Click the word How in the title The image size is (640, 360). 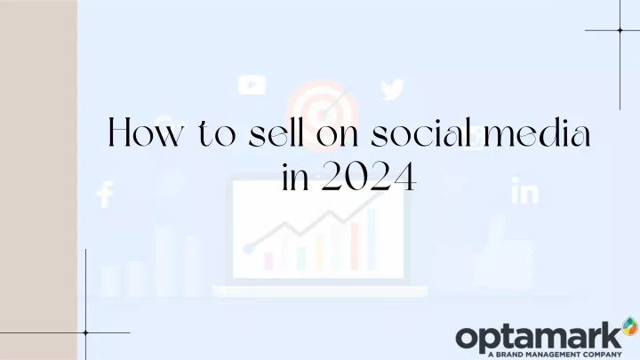click(144, 132)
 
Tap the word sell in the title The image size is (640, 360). click(276, 132)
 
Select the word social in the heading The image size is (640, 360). click(420, 132)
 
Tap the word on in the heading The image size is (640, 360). click(338, 135)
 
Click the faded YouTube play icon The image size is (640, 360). click(252, 85)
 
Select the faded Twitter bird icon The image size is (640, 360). click(392, 90)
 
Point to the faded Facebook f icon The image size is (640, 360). click(105, 194)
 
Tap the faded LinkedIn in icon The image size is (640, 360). click(525, 190)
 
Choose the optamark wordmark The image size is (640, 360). click(539, 336)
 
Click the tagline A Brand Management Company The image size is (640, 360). click(555, 355)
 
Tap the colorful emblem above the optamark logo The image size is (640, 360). click(630, 326)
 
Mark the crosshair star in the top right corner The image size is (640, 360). click(620, 30)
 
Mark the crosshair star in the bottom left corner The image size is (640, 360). click(85, 332)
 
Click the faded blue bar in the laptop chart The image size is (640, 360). click(371, 239)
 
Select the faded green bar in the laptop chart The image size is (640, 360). click(301, 259)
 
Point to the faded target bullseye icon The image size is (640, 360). click(322, 111)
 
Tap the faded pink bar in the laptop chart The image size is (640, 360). click(268, 261)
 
